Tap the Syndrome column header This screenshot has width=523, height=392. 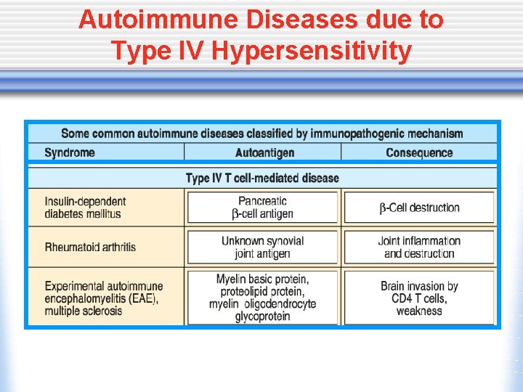pyautogui.click(x=70, y=152)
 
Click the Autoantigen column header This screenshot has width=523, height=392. pyautogui.click(x=264, y=152)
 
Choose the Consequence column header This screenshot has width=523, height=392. pyautogui.click(x=419, y=152)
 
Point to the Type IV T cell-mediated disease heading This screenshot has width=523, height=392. pyautogui.click(x=262, y=178)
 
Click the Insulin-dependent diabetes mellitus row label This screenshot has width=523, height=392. pyautogui.click(x=85, y=208)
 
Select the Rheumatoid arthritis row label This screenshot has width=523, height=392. pyautogui.click(x=90, y=247)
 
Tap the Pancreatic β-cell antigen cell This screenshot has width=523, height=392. pyautogui.click(x=263, y=207)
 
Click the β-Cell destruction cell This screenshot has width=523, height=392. pyautogui.click(x=419, y=208)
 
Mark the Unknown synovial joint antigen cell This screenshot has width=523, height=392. pyautogui.click(x=263, y=247)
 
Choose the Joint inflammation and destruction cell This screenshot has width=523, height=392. pyautogui.click(x=419, y=247)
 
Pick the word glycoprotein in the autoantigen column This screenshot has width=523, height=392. pyautogui.click(x=263, y=317)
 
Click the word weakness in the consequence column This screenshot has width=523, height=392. pyautogui.click(x=419, y=311)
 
